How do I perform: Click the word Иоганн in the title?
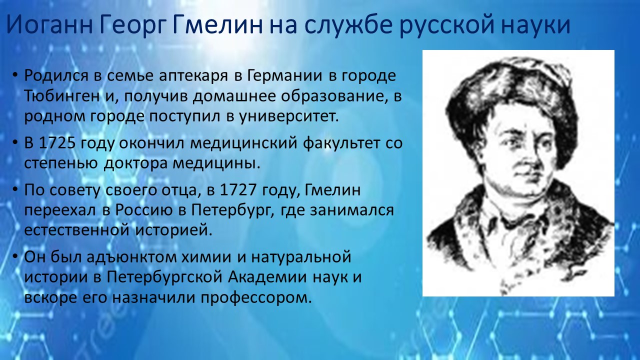click(49, 24)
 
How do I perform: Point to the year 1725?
click(57, 143)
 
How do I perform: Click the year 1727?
click(238, 190)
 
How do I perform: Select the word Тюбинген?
click(61, 97)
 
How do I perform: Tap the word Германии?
click(284, 76)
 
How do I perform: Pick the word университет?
click(289, 117)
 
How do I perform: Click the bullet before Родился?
click(15, 75)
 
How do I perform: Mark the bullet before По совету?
click(15, 189)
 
